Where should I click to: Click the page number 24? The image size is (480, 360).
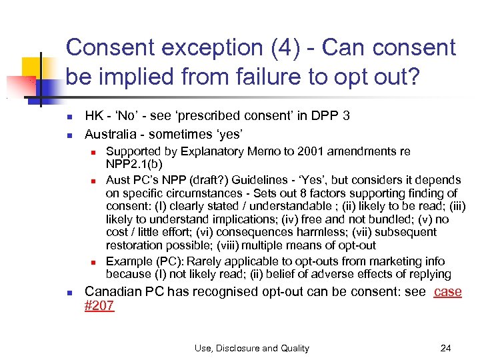coord(446,348)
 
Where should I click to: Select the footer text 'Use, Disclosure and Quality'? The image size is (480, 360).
coord(252,348)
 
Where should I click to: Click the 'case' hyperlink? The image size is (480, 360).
coord(447,292)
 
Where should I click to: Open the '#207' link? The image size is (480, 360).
coord(99,306)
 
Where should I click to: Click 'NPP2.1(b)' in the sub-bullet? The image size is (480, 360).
coord(133,163)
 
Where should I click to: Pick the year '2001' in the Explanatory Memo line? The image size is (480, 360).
coord(296,151)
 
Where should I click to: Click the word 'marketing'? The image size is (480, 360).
coord(392,261)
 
